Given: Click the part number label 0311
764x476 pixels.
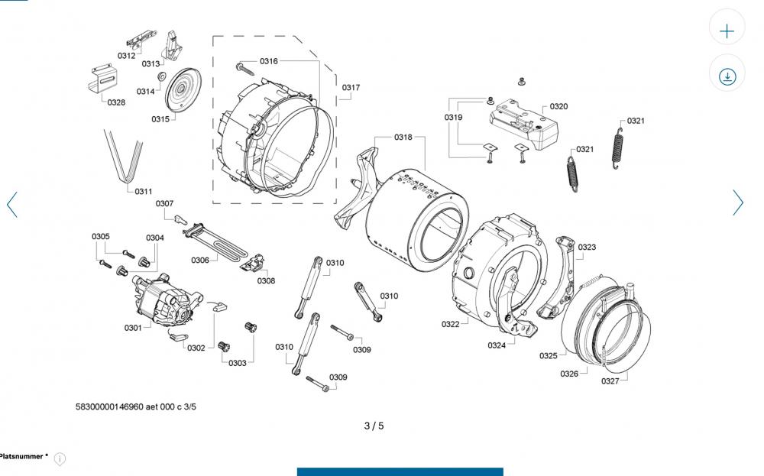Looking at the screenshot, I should (143, 191).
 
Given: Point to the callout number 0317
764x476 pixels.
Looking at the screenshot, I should (351, 88).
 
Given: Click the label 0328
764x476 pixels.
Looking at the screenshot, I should (116, 102).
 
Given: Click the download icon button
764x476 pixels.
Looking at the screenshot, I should (727, 76).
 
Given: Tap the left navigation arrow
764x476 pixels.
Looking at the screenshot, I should (12, 204).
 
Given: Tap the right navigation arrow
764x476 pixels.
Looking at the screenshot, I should (738, 202).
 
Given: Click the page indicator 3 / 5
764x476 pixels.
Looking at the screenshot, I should (374, 426).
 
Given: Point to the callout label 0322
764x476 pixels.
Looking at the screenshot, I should (450, 325).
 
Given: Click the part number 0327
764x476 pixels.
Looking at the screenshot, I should (610, 380).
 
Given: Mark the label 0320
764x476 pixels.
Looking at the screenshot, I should (558, 107).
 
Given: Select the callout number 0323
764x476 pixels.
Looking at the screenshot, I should (587, 248).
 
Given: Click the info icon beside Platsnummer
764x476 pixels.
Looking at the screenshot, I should (60, 458).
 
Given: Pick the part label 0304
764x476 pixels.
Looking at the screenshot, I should (155, 238).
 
